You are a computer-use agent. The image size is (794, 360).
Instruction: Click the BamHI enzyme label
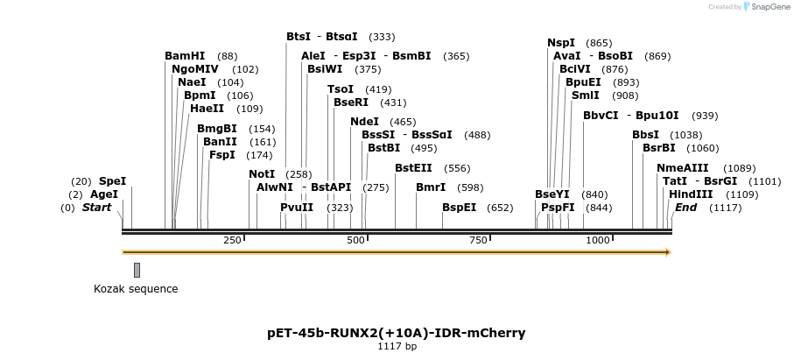(185, 56)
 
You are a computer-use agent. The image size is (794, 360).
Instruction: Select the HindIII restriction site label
(691, 194)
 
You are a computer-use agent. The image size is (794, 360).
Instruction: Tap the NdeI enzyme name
(364, 122)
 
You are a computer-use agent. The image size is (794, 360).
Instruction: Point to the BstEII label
(413, 168)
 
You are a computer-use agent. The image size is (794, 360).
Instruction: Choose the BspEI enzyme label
(459, 208)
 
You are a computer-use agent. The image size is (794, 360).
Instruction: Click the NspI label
(561, 43)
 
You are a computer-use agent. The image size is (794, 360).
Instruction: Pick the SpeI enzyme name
(112, 181)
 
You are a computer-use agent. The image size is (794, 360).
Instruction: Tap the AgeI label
(104, 194)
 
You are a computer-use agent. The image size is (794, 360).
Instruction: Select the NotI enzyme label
(262, 174)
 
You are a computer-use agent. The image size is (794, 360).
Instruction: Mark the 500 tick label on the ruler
(356, 240)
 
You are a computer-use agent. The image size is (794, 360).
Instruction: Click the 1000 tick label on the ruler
(598, 240)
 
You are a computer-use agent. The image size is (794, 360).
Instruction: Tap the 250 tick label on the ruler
(233, 240)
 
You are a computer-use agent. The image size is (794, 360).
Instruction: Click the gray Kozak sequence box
(137, 270)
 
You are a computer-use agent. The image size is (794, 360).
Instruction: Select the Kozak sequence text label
(136, 289)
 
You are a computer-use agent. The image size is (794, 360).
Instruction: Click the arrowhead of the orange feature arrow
(668, 252)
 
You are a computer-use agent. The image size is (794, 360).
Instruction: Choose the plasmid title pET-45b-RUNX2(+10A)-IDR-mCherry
(397, 333)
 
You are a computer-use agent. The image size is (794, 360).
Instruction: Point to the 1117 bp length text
(397, 347)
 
